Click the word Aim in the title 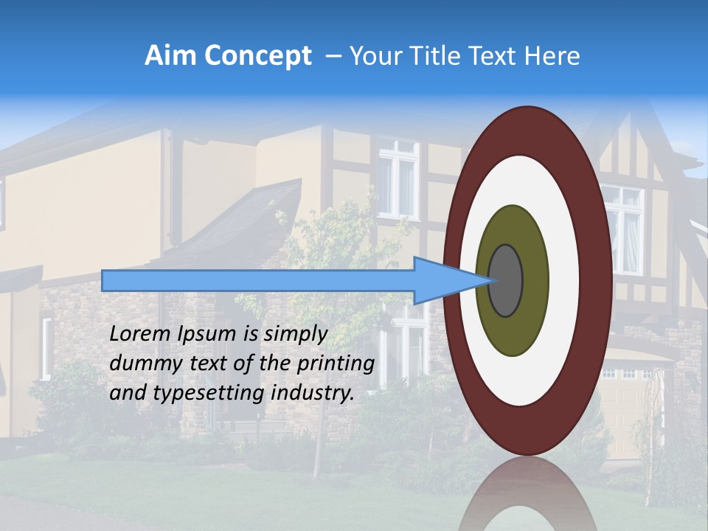pyautogui.click(x=171, y=56)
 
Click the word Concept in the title pyautogui.click(x=257, y=56)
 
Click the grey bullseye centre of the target pyautogui.click(x=505, y=280)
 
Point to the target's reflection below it pyautogui.click(x=527, y=498)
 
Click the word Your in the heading pyautogui.click(x=373, y=56)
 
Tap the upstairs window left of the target pyautogui.click(x=398, y=177)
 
